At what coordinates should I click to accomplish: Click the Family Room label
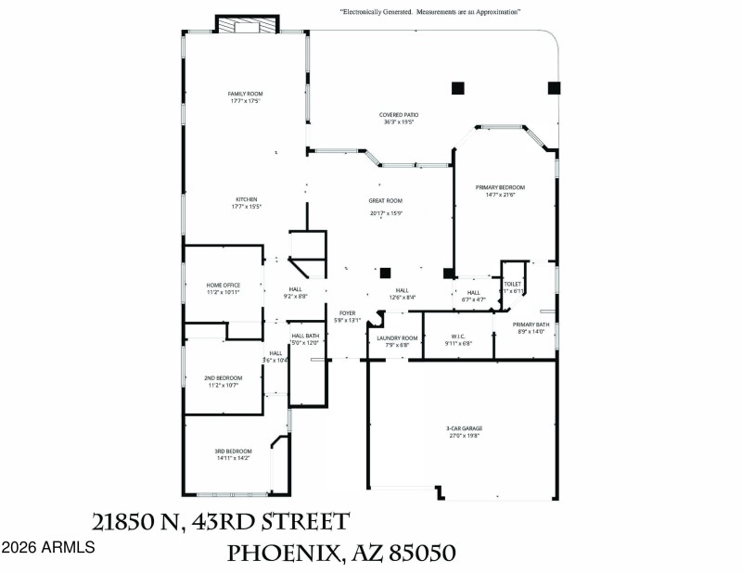click(x=246, y=94)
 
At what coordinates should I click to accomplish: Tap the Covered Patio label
click(x=398, y=115)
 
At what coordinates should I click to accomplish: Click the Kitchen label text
click(x=246, y=199)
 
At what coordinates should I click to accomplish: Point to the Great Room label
click(x=385, y=200)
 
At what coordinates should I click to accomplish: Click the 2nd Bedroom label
click(x=223, y=377)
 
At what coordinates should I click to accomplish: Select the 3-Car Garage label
click(x=464, y=428)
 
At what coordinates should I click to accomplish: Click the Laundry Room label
click(x=397, y=337)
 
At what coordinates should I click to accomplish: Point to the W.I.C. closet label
click(x=458, y=337)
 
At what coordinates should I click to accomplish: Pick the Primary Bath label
click(x=531, y=324)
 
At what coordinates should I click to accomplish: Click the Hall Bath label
click(x=305, y=336)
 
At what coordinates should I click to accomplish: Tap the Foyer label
click(x=347, y=313)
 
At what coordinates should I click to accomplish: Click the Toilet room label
click(x=513, y=284)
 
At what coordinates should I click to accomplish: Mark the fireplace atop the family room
click(x=247, y=26)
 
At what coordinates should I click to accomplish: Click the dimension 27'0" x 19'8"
click(x=464, y=436)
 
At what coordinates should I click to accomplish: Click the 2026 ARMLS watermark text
click(x=47, y=548)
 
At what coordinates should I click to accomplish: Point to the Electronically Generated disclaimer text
click(x=429, y=12)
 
